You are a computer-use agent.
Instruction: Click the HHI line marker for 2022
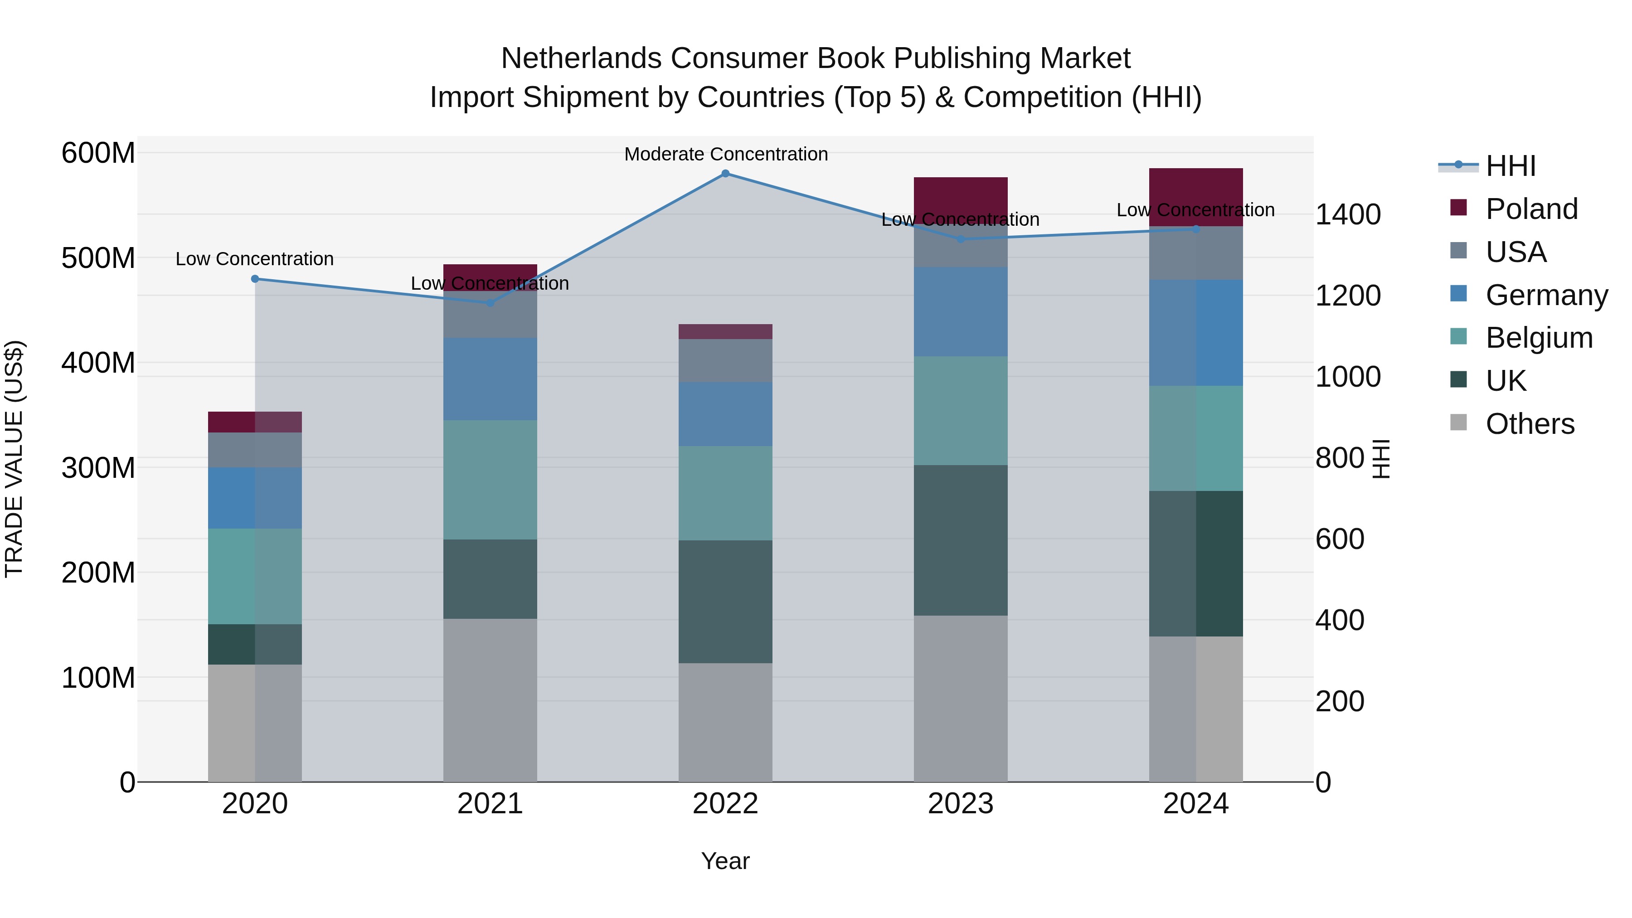pos(725,173)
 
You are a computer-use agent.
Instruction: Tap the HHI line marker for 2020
pos(255,279)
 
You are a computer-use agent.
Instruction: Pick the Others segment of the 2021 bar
pos(490,699)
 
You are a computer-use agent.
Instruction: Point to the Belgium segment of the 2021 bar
pos(490,480)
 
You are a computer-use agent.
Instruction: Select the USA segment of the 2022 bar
pos(725,360)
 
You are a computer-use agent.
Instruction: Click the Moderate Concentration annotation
pos(725,154)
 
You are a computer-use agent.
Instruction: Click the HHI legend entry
pos(1511,166)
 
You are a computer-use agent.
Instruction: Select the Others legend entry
pos(1530,424)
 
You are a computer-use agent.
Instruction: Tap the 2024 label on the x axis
pos(1195,804)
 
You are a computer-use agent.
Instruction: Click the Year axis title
pos(725,861)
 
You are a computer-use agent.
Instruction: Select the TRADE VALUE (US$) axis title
pos(15,459)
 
